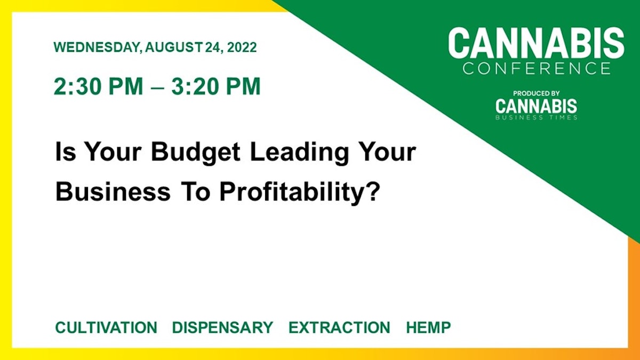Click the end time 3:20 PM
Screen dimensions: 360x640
pos(216,86)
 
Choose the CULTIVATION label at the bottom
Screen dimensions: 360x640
pos(106,327)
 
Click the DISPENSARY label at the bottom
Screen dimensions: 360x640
pos(222,327)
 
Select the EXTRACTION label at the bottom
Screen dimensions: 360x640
pos(339,327)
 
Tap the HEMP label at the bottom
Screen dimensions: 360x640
pos(428,327)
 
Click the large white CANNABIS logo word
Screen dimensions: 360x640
pos(536,44)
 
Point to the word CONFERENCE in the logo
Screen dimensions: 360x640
pos(536,68)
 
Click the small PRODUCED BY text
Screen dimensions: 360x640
pos(536,93)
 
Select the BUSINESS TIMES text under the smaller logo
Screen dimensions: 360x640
pos(536,117)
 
